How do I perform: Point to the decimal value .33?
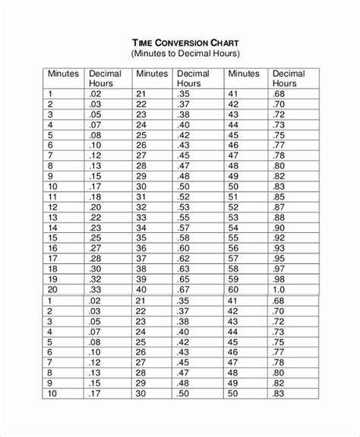[96, 289]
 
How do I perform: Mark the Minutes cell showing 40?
[141, 289]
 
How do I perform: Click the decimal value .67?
[184, 289]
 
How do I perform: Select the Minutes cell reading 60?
[233, 289]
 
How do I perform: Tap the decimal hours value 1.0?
[279, 289]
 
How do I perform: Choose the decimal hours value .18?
[96, 195]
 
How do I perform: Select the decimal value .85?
[279, 195]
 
